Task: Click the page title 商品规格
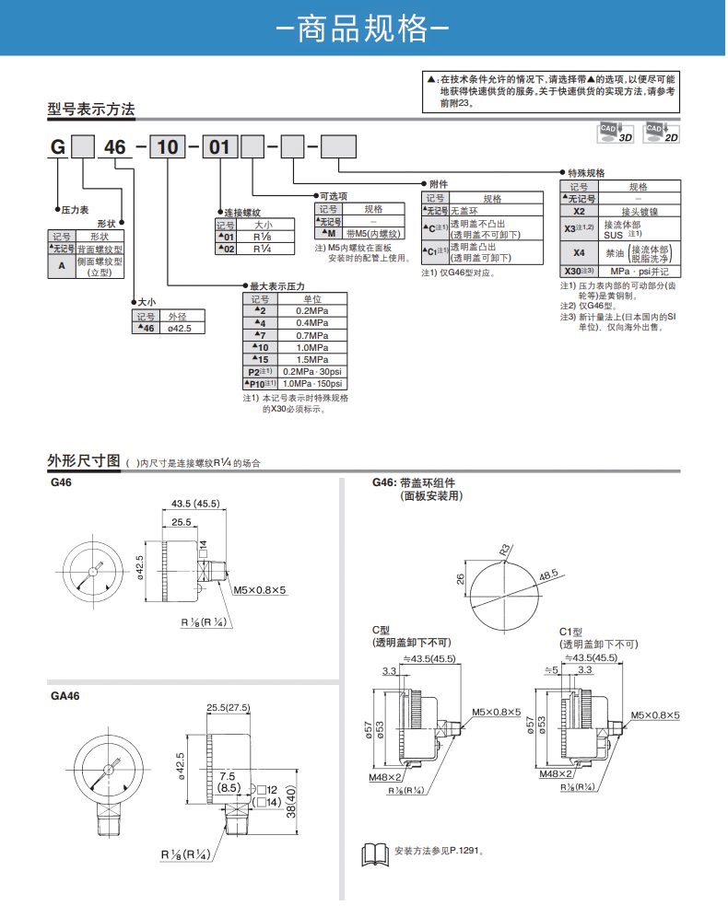(363, 28)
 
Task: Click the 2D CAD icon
(662, 132)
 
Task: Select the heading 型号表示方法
(91, 110)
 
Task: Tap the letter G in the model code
(57, 147)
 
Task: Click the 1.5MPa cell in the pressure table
(311, 359)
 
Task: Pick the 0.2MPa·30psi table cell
(311, 371)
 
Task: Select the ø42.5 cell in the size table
(181, 329)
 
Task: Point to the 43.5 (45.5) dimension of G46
(195, 504)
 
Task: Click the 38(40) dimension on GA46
(290, 804)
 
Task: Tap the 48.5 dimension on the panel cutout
(549, 575)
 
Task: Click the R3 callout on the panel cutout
(504, 550)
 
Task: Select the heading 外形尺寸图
(84, 460)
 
